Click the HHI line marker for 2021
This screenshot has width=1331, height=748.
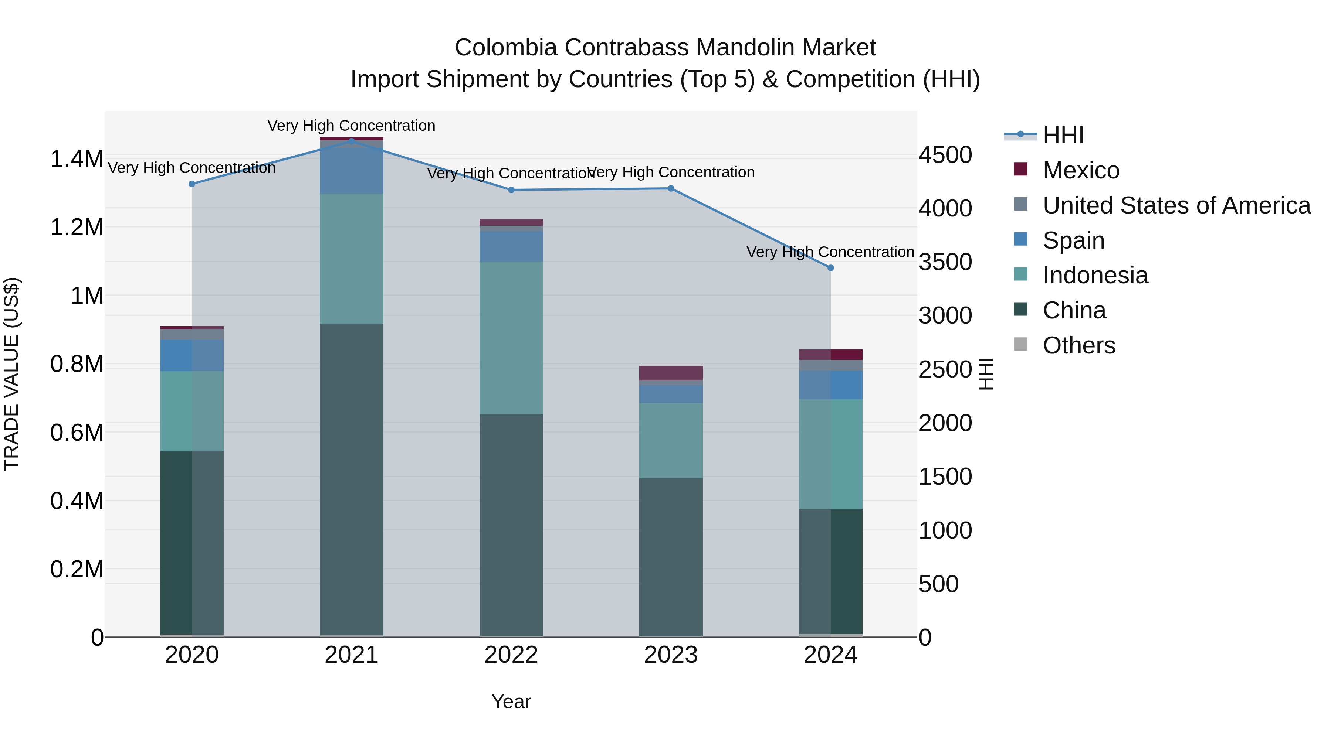(351, 141)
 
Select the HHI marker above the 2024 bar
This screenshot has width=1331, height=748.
(830, 268)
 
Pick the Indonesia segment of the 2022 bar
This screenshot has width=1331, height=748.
(511, 337)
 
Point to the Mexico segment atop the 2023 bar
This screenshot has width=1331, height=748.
(671, 373)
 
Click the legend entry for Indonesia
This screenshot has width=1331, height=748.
(1095, 275)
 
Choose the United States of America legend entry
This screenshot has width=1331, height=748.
(1176, 205)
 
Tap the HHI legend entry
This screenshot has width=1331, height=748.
(1063, 135)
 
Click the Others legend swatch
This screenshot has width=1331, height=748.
(1020, 344)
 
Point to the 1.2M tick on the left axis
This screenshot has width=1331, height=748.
(77, 227)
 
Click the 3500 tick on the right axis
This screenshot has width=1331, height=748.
(945, 262)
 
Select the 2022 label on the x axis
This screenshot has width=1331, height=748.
(511, 655)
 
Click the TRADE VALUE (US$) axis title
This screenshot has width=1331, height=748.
(11, 374)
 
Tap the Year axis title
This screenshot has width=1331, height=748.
(511, 701)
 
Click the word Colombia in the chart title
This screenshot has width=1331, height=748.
(505, 48)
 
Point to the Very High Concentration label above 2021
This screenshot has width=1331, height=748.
(351, 126)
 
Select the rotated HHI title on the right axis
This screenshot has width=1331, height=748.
(986, 374)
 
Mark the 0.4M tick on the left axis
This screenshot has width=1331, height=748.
(77, 501)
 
